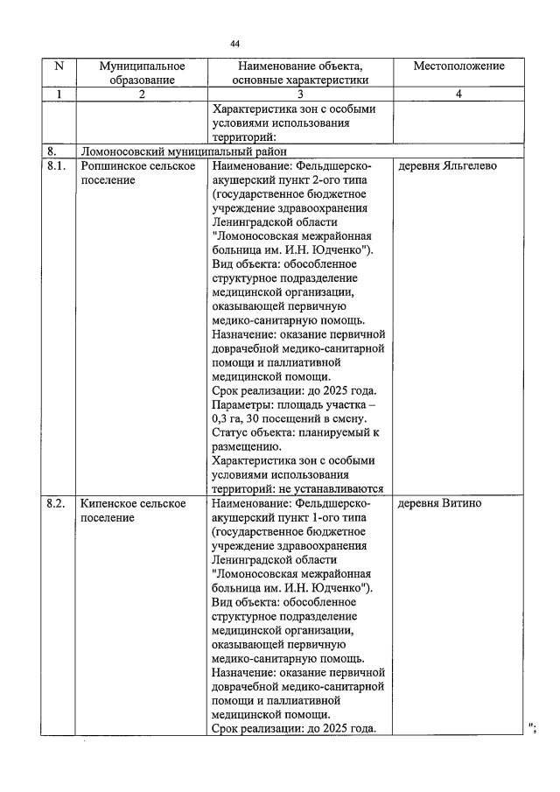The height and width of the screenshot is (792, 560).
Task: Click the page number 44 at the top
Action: pyautogui.click(x=235, y=43)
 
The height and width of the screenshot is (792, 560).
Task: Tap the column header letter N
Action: pyautogui.click(x=59, y=66)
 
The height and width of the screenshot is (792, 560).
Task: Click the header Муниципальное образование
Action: pyautogui.click(x=142, y=73)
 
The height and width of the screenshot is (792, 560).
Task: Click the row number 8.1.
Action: pyautogui.click(x=57, y=165)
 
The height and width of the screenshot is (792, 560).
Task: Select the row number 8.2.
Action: pyautogui.click(x=57, y=504)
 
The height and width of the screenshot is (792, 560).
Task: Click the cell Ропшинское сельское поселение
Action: pyautogui.click(x=137, y=172)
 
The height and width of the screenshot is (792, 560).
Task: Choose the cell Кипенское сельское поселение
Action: pyautogui.click(x=133, y=511)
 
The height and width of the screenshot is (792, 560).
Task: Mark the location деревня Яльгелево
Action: pyautogui.click(x=447, y=165)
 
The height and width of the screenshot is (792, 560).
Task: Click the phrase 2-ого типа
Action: pyautogui.click(x=337, y=179)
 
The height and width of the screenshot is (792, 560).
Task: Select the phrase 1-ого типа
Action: pyautogui.click(x=337, y=518)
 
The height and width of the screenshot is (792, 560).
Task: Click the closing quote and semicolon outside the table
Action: pyautogui.click(x=532, y=729)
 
